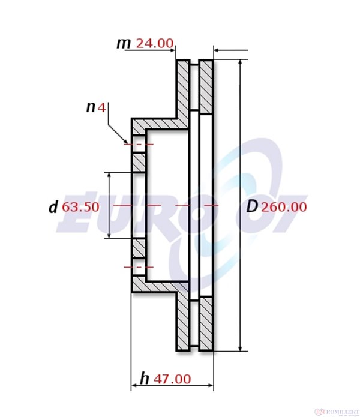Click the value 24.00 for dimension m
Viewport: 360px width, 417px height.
tap(155, 43)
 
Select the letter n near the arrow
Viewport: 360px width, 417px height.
tap(91, 107)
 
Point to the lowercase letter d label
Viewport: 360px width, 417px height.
tap(53, 208)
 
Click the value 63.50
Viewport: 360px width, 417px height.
tap(80, 208)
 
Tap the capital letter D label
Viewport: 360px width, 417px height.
tap(253, 207)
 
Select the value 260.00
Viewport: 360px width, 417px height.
tap(285, 207)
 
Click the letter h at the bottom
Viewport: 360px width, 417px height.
tap(145, 379)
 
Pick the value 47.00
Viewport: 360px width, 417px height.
tap(172, 379)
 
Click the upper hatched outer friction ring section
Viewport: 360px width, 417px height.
tap(206, 87)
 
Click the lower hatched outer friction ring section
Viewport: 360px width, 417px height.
tap(206, 324)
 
